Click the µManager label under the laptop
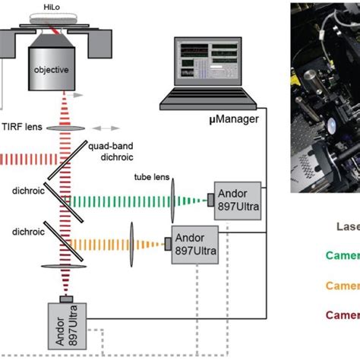[190, 120]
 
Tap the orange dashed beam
[103, 245]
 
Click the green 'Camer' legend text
[343, 256]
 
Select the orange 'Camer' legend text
[343, 286]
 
